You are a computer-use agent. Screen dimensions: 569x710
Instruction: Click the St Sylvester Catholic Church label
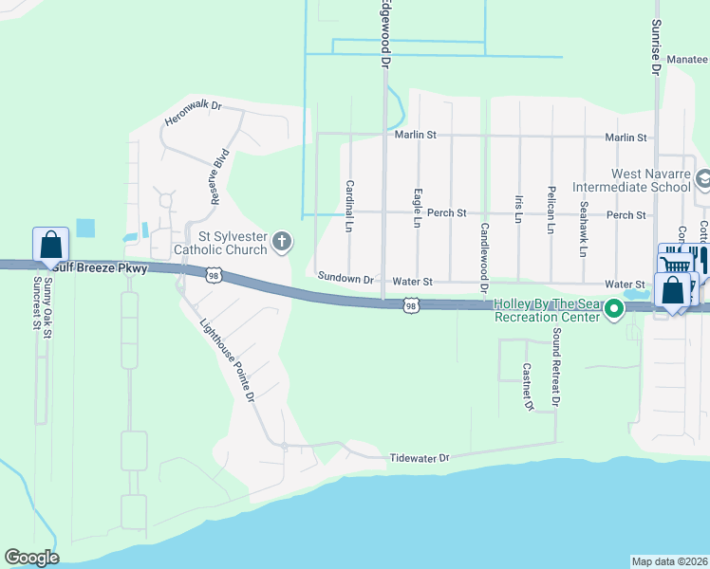click(221, 243)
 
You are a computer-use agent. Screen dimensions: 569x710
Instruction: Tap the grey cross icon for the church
click(281, 243)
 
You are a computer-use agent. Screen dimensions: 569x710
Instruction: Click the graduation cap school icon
click(703, 178)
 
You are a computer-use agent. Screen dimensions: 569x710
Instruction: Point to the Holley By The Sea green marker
click(614, 307)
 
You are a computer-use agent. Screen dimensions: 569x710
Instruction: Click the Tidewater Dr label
click(419, 458)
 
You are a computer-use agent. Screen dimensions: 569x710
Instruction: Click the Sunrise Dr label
click(655, 47)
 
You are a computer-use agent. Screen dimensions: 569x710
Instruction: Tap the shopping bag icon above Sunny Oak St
click(50, 245)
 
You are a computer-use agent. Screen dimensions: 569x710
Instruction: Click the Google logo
click(31, 558)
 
